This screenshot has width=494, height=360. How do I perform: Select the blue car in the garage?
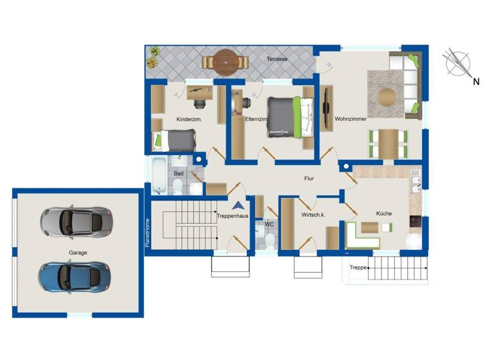[71, 275]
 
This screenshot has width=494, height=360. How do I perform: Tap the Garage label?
[78, 253]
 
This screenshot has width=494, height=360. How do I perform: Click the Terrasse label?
[277, 59]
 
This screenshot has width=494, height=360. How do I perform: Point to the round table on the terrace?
[226, 62]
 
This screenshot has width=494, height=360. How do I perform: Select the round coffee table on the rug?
[387, 97]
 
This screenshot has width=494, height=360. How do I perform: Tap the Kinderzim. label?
[189, 120]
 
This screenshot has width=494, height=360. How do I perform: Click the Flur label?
[309, 179]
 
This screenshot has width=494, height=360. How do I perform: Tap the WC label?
[270, 224]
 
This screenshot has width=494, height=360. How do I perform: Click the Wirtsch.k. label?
[313, 215]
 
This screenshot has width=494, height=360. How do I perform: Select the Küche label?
[384, 213]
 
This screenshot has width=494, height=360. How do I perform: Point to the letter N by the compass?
[476, 82]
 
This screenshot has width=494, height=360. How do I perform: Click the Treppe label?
[358, 267]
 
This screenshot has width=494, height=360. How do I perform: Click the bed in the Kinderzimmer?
[174, 138]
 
